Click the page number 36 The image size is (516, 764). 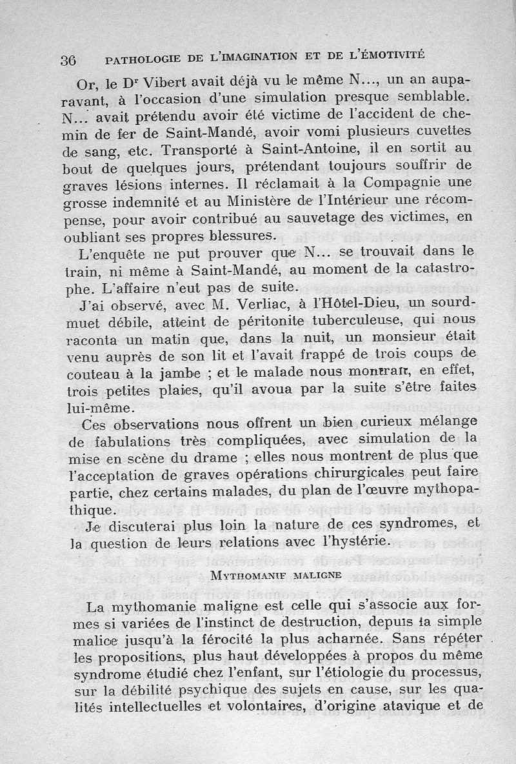click(68, 60)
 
